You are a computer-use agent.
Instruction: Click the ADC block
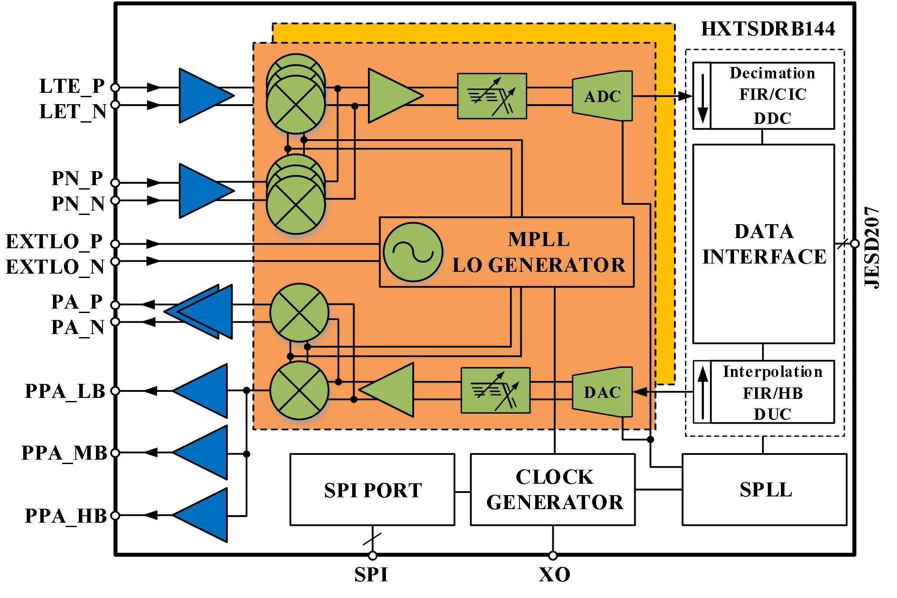coord(602,96)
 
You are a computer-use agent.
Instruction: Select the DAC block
coord(602,392)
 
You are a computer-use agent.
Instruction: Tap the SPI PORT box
coord(372,489)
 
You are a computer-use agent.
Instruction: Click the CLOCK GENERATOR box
coord(553,489)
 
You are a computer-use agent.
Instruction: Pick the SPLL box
coord(765,489)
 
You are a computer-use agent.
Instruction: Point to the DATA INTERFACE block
coord(763,244)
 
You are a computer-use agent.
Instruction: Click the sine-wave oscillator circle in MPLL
coord(413,252)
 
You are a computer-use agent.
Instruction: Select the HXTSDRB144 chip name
coord(768,29)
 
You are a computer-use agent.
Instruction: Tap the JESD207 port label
coord(872,247)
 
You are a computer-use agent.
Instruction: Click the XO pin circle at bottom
coord(553,556)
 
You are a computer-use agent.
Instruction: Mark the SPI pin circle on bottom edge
coord(372,556)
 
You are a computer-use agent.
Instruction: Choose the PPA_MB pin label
coord(64,453)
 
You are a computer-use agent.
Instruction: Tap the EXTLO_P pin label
coord(54,242)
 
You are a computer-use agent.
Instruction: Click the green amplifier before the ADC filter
coord(392,96)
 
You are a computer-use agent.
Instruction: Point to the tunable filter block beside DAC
coord(495,390)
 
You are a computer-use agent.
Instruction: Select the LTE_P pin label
coord(72,86)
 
